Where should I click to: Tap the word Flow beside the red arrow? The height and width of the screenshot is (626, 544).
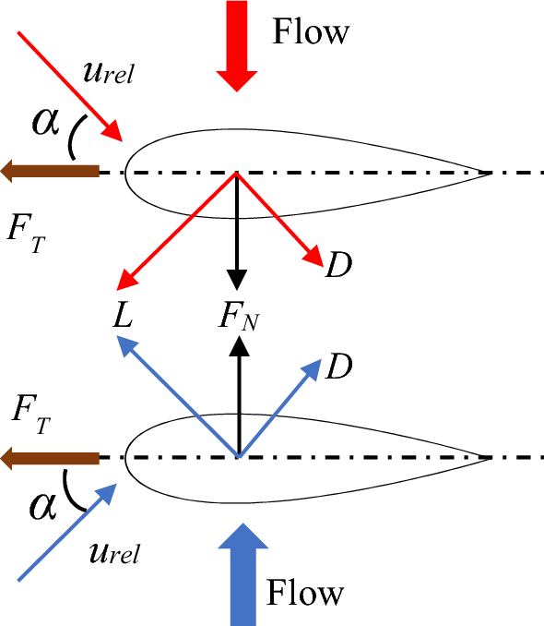click(311, 32)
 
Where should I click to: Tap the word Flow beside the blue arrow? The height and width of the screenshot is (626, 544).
click(304, 591)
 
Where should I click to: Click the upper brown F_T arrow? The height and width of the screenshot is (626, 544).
click(51, 170)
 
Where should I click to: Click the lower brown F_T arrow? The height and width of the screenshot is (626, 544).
click(51, 457)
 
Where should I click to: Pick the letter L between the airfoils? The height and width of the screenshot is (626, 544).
click(123, 316)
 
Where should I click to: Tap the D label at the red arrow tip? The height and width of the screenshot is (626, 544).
click(338, 267)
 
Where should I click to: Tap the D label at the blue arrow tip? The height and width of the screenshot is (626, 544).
click(338, 367)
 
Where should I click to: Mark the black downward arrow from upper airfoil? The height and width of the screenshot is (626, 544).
click(239, 231)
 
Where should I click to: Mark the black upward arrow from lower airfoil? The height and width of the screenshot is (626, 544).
click(239, 397)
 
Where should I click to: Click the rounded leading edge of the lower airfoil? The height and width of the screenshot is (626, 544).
click(126, 457)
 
